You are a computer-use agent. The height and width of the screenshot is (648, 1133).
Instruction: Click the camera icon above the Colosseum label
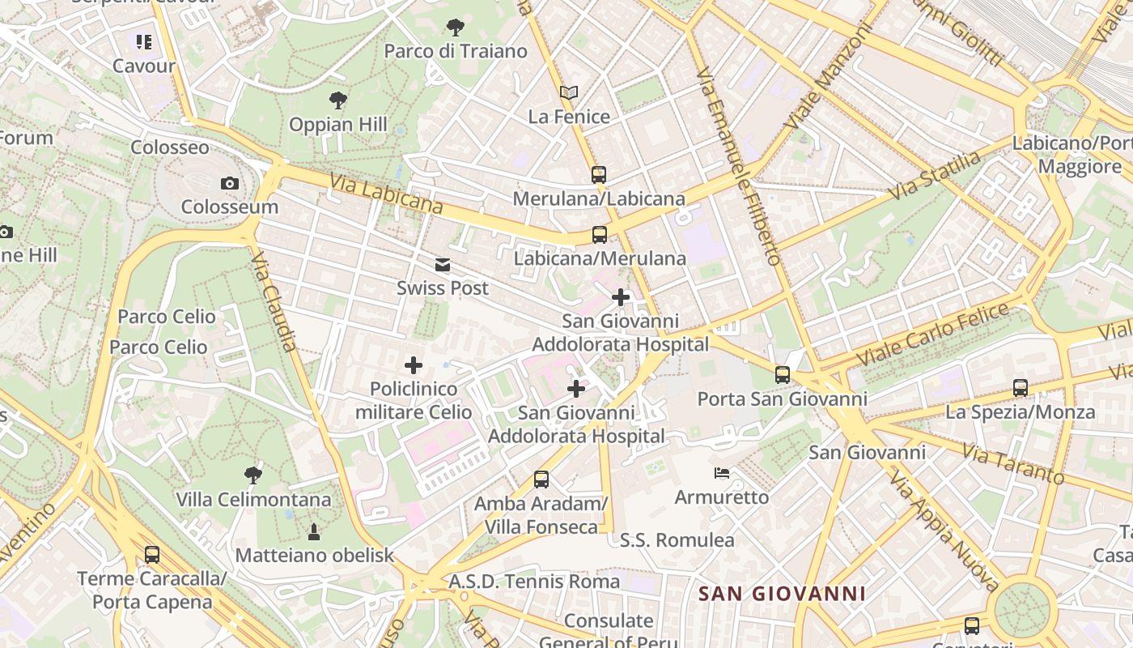tap(230, 184)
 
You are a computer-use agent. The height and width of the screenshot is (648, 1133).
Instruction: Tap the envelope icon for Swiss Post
tap(443, 265)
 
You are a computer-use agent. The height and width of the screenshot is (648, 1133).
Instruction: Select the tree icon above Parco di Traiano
tap(456, 28)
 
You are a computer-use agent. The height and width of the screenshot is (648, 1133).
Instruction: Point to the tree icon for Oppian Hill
tap(338, 100)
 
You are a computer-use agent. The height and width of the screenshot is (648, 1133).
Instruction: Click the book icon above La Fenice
tap(569, 93)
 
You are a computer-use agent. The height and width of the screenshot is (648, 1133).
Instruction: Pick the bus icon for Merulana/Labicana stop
tap(599, 174)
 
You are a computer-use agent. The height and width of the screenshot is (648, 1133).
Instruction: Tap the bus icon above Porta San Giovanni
tap(782, 374)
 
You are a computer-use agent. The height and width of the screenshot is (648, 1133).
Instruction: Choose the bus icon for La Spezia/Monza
tap(1020, 388)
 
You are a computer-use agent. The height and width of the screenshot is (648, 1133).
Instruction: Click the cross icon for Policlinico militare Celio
tap(414, 365)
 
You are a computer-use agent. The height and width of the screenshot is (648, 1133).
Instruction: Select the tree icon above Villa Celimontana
tap(253, 475)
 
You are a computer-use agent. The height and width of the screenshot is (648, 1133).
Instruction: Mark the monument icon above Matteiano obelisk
tap(314, 531)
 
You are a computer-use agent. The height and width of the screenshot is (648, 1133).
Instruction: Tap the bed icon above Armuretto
tap(722, 472)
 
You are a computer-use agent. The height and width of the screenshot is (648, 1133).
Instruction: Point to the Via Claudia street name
tap(273, 301)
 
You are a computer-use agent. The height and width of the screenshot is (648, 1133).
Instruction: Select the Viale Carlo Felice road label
tap(934, 334)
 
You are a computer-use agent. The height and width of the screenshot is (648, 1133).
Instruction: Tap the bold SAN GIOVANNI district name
tap(782, 594)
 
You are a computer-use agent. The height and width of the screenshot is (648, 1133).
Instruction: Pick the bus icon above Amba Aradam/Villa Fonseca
tap(541, 480)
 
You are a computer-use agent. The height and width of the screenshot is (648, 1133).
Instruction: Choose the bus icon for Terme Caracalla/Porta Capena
tap(151, 555)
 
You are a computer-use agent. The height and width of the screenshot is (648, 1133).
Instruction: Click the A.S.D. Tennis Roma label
tap(534, 582)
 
